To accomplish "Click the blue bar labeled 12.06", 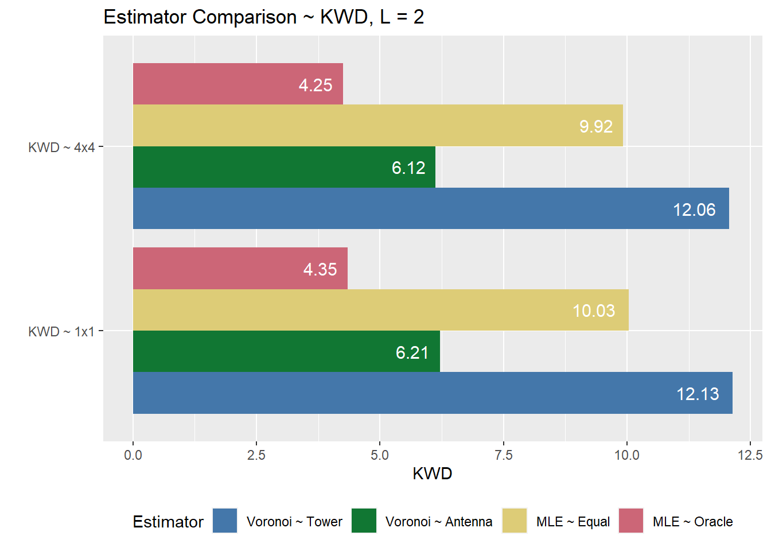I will tap(430, 208).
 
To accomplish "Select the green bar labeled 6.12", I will tap(284, 167).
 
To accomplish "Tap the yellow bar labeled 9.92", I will tap(377, 126).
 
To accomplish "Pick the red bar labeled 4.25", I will tap(237, 84).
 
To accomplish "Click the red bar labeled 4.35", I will tap(240, 269).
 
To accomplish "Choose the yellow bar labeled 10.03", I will tap(380, 310).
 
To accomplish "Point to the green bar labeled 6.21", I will tap(286, 351).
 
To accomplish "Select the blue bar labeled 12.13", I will tap(432, 393).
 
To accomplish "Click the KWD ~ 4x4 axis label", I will tap(61, 148).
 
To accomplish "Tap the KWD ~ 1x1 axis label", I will tap(61, 332).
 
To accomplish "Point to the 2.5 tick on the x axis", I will tap(256, 455).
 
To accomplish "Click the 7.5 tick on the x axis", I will tap(503, 455).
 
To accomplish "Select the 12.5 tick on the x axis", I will tap(750, 455).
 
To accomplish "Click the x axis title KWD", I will tap(433, 474).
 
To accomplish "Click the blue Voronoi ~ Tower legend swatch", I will tap(225, 521).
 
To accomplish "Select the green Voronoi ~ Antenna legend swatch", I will tap(364, 521).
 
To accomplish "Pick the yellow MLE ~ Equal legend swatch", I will tap(515, 521).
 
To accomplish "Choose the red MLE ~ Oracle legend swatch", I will tap(631, 521).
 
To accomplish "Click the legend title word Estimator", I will tap(168, 522).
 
